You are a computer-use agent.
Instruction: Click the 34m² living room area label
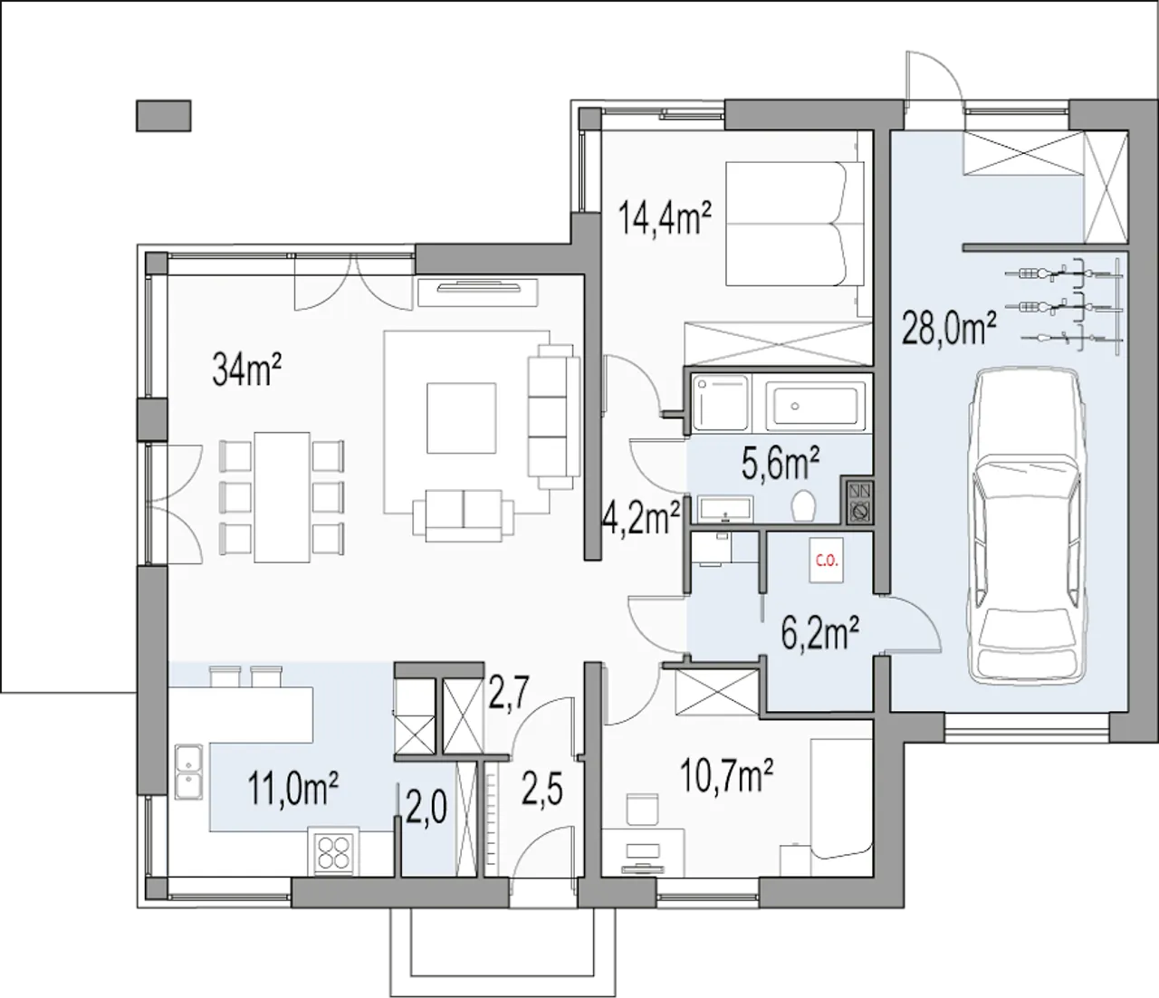click(x=246, y=369)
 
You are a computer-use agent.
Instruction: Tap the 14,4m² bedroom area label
click(x=665, y=217)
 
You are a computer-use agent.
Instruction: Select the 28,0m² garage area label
click(x=950, y=328)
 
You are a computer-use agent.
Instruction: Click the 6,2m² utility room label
click(x=819, y=631)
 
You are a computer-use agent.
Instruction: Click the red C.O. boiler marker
click(x=827, y=561)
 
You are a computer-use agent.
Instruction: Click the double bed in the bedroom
click(x=794, y=224)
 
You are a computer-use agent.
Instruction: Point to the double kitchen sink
click(x=189, y=771)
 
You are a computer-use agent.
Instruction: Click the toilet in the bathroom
click(x=803, y=504)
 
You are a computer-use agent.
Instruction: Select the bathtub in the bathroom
click(x=814, y=405)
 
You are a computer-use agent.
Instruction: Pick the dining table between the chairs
click(x=282, y=497)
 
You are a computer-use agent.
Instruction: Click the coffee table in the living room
click(x=461, y=418)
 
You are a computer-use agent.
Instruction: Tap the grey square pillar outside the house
click(x=164, y=116)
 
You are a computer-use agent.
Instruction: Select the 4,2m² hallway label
click(x=639, y=517)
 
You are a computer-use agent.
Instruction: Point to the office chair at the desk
click(x=642, y=809)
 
